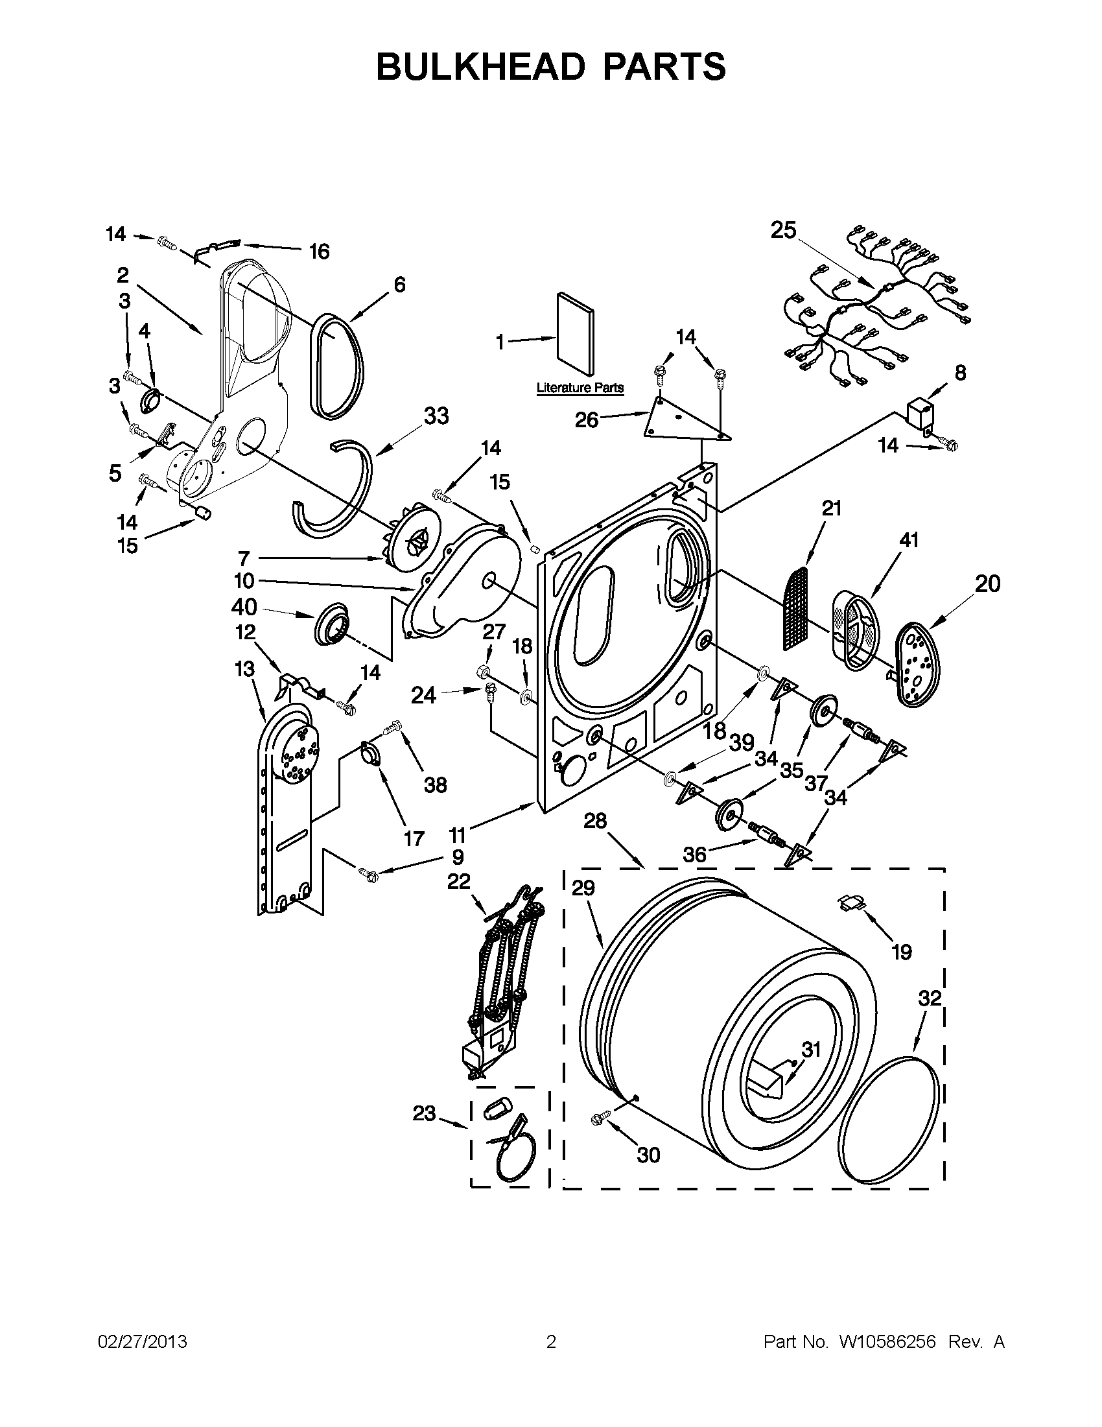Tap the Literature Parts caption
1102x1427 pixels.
[580, 388]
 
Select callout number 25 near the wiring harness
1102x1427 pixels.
[783, 230]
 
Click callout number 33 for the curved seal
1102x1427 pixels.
[436, 416]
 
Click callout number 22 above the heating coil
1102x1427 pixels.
[458, 882]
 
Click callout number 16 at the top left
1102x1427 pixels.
[319, 252]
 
